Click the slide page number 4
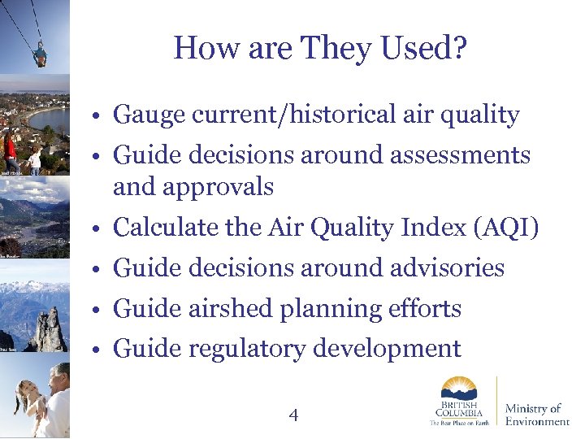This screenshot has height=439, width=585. (293, 415)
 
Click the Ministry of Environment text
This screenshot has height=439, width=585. (536, 415)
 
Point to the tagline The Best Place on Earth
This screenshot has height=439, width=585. (459, 423)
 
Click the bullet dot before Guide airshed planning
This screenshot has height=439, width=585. (97, 310)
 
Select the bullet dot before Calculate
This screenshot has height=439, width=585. (97, 229)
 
